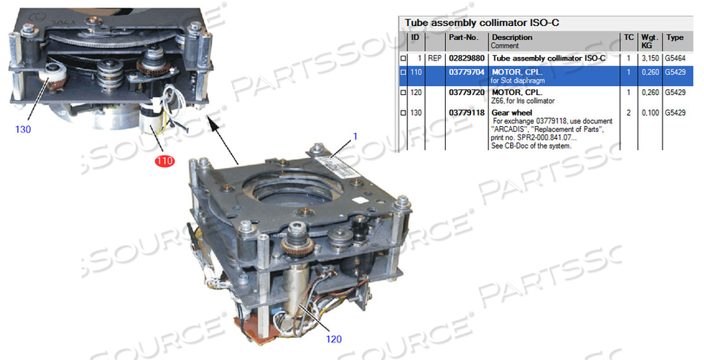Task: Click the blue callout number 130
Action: pos(23,128)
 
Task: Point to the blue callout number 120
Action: pos(335,339)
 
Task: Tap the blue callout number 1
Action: pos(355,137)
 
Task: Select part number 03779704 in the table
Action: pos(467,73)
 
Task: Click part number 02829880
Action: pos(467,57)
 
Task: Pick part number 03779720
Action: pos(467,93)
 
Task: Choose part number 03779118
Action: pos(467,113)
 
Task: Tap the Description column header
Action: pos(512,37)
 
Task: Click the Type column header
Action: pos(674,37)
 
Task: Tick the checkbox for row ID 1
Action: pos(404,58)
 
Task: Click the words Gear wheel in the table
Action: pos(512,113)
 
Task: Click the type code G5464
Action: pos(676,57)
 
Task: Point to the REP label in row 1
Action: pos(435,57)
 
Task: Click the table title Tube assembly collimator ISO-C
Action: pos(481,22)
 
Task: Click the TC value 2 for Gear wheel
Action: pos(629,113)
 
